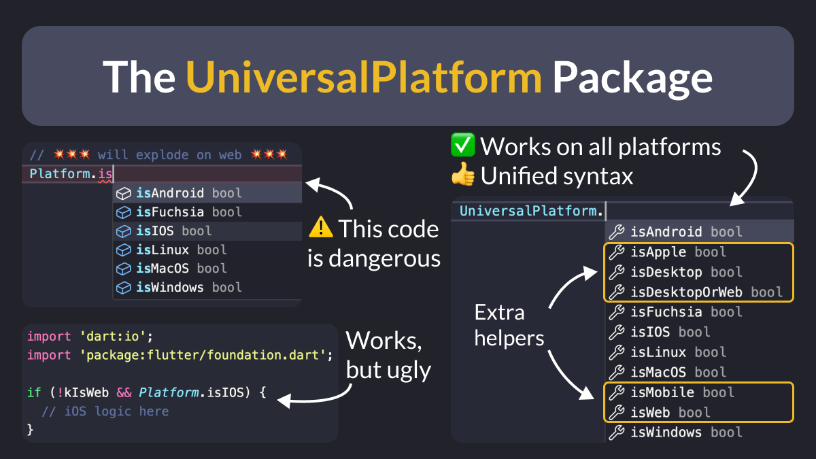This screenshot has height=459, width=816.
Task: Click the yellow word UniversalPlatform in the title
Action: [364, 76]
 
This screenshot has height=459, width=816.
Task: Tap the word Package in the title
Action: [632, 76]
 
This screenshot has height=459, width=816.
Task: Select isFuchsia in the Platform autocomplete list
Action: [169, 212]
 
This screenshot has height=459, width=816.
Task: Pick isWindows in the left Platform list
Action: [169, 288]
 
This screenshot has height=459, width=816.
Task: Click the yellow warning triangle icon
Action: [321, 228]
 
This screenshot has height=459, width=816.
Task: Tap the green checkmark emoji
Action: [463, 146]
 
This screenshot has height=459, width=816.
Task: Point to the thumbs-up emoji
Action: [463, 176]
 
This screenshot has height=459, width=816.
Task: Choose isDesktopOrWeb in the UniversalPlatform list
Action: [687, 292]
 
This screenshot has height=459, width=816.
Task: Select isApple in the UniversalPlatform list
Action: [659, 252]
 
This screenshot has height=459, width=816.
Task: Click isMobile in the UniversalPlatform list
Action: [662, 392]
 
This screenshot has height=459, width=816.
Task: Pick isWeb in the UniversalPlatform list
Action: [651, 412]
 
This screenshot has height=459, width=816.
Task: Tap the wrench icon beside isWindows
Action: [616, 432]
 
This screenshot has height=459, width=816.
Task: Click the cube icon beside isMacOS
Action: [123, 269]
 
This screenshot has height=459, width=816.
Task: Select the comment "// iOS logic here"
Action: [105, 411]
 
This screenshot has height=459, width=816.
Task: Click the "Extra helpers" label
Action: [509, 324]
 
